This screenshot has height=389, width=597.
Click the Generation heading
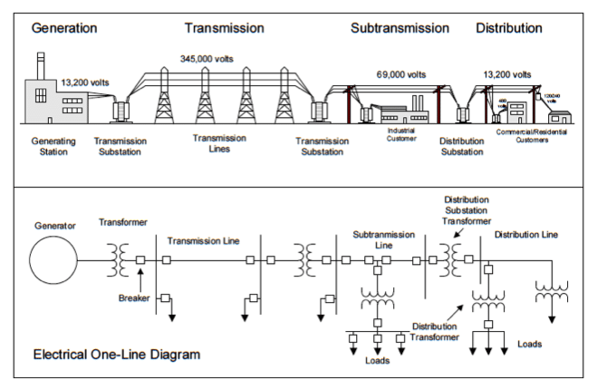pyautogui.click(x=64, y=28)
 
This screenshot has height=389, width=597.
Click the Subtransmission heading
pyautogui.click(x=400, y=28)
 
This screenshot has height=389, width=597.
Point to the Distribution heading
pyautogui.click(x=509, y=28)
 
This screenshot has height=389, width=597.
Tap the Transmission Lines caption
pyautogui.click(x=218, y=142)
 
